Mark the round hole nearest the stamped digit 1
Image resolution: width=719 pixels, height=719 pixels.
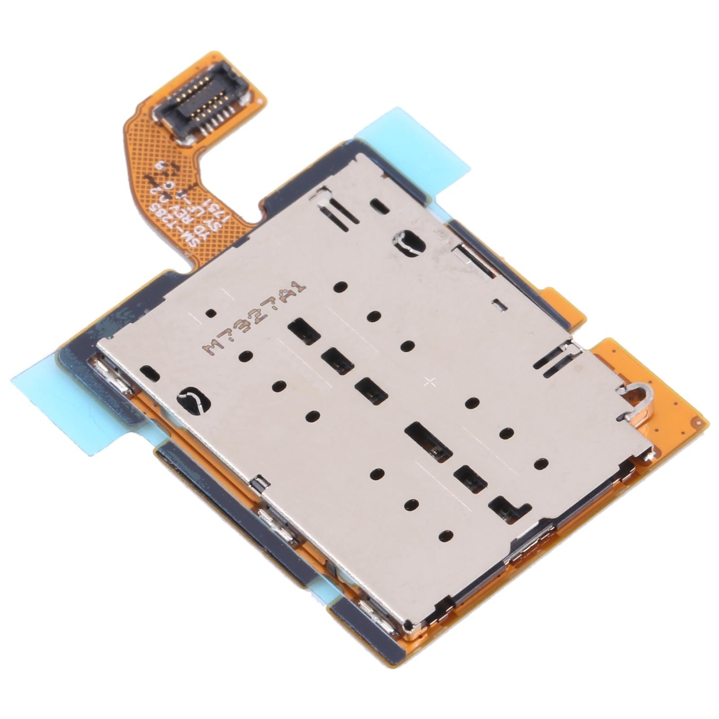[x=341, y=286]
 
